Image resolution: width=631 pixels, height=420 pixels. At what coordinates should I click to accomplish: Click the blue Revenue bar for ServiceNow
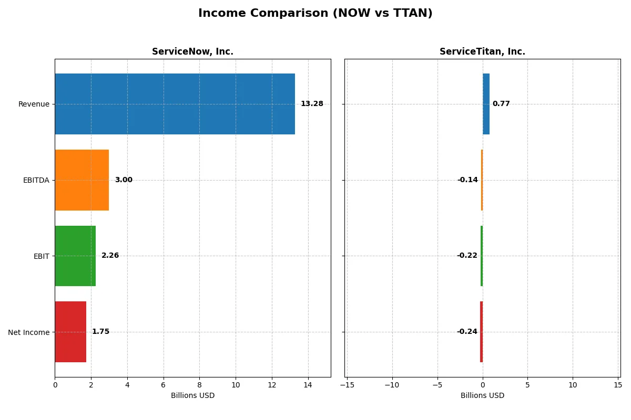pos(175,104)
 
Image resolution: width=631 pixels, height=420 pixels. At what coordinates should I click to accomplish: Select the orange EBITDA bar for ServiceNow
pos(82,180)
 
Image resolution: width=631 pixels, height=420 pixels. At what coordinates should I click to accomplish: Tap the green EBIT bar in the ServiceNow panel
pos(75,256)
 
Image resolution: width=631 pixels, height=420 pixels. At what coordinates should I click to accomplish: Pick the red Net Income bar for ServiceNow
pos(70,332)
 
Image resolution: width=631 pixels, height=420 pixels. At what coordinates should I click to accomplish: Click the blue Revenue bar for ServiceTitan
pos(486,104)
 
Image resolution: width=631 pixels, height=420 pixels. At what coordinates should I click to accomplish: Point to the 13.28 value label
pos(312,104)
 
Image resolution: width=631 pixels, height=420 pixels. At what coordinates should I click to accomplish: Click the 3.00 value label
pos(124,180)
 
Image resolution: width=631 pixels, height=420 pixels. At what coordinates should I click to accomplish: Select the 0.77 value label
pos(501,104)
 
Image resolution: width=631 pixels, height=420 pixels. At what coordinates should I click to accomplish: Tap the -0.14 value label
pos(467,180)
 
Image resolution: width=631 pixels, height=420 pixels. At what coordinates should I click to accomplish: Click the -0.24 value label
pos(467,332)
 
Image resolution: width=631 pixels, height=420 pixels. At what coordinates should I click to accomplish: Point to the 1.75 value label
pos(100,332)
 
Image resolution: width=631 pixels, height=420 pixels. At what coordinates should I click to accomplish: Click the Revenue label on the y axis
pos(34,104)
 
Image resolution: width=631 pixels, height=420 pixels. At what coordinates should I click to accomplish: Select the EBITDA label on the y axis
pos(36,180)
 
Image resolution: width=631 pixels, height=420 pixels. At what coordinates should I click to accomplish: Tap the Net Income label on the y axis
pos(29,332)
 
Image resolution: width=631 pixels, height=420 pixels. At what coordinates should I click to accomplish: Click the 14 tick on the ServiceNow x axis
pos(308,385)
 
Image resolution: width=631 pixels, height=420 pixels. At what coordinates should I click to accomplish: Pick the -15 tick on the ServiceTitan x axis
pos(347,385)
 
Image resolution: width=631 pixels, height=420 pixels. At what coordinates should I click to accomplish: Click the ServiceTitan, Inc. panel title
pos(482,51)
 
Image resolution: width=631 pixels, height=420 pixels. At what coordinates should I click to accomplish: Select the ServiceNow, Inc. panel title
pos(192,51)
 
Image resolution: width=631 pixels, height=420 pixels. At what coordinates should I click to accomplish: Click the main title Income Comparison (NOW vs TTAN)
pos(315,14)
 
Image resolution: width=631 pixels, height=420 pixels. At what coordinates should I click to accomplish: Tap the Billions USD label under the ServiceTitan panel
pos(482,395)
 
